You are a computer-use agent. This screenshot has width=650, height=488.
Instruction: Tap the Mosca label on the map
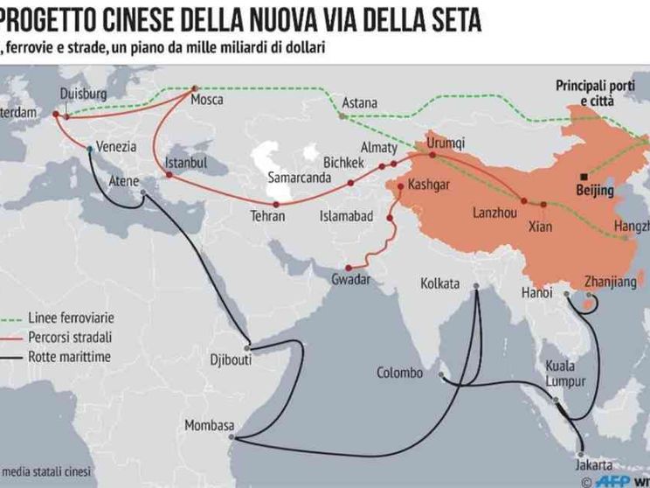pos(207,100)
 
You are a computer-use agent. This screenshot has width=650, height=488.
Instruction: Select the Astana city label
pos(359,102)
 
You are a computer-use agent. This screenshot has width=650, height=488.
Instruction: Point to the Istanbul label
pos(185,163)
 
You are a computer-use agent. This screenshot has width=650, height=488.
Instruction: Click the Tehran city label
pos(267,215)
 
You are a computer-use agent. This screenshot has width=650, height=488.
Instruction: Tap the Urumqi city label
pos(445,143)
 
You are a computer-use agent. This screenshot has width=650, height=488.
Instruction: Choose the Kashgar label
pos(429,185)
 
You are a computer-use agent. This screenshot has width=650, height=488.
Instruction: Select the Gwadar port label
pos(350,279)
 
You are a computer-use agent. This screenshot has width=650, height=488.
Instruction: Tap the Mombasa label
pos(209,426)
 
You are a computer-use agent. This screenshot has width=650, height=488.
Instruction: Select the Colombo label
pos(399,373)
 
